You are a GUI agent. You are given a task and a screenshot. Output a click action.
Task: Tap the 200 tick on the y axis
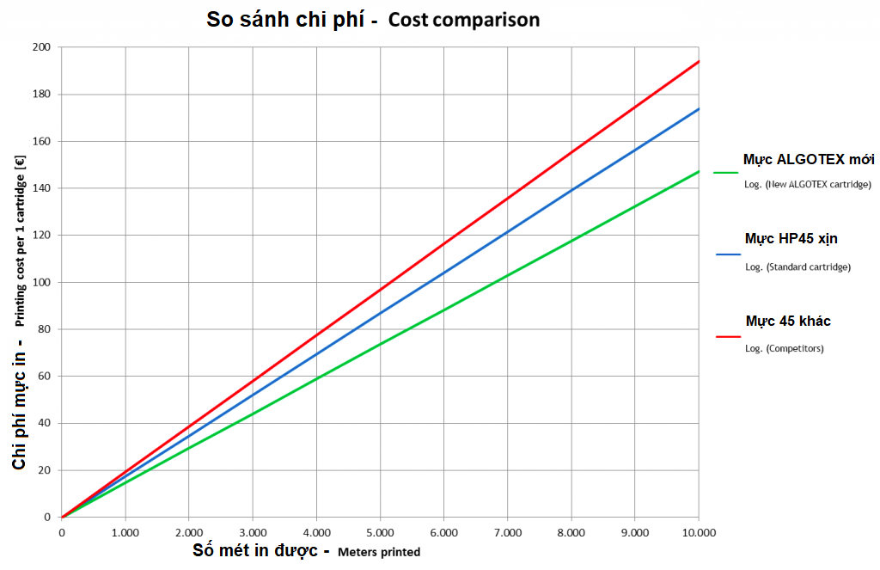40,47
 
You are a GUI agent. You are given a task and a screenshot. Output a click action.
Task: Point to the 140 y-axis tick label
40,188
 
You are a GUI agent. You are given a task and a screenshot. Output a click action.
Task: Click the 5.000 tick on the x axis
380,533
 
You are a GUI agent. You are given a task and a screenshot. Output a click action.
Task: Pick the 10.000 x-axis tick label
698,533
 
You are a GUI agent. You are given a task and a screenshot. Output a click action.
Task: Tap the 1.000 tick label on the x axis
125,533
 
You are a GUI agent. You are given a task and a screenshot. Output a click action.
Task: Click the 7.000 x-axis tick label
507,533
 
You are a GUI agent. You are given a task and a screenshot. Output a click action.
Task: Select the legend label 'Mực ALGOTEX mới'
809,159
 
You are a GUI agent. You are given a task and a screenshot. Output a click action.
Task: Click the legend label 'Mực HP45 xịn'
791,238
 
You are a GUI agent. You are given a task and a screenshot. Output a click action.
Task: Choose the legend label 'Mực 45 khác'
788,321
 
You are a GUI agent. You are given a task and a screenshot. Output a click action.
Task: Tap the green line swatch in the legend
726,173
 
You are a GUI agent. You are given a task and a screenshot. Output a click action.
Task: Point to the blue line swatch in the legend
726,254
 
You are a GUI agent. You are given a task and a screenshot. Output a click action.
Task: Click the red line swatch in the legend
726,336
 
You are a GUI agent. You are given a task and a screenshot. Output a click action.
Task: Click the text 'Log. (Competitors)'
784,348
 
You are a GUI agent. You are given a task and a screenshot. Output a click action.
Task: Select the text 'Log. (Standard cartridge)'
797,267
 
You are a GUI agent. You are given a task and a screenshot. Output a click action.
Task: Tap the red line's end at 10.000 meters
699,61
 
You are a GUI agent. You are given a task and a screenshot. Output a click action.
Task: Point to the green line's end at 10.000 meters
699,171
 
